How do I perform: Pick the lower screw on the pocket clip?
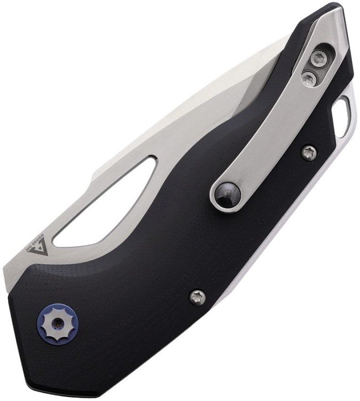[x=309, y=79]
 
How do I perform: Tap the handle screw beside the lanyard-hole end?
[x=309, y=153]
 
